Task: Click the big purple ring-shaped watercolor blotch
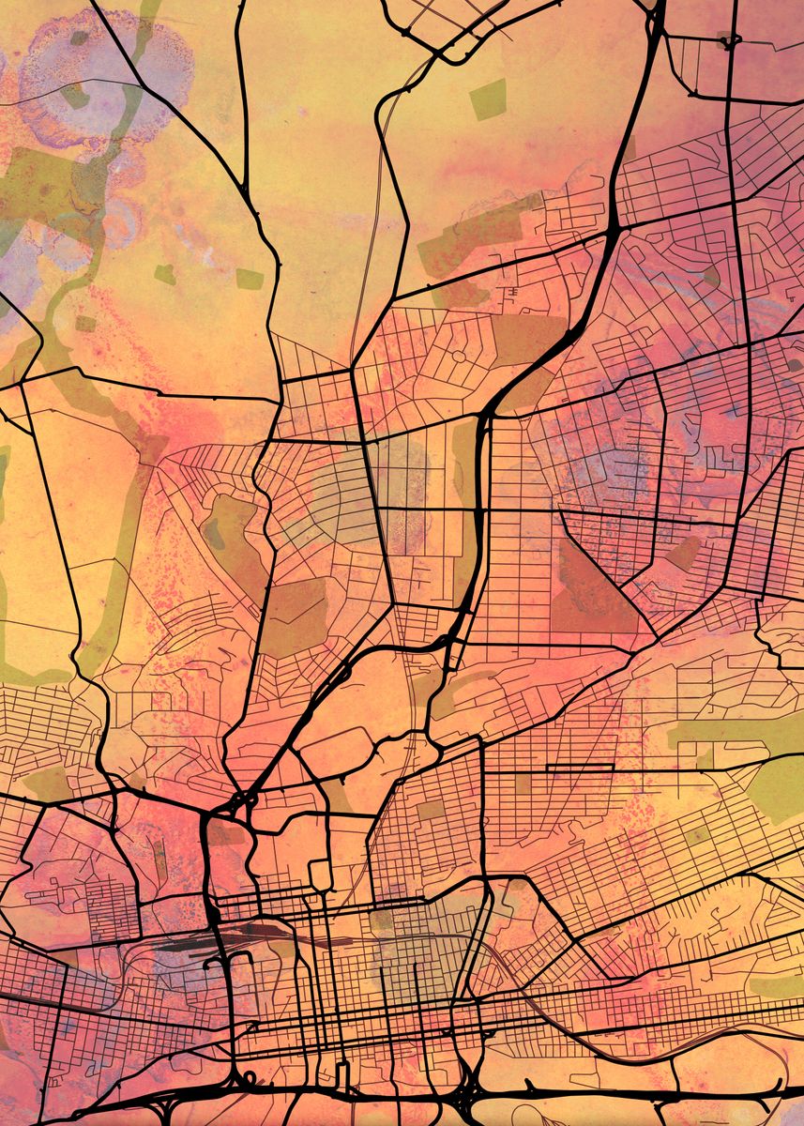[103, 75]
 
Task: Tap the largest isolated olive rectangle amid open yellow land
[488, 99]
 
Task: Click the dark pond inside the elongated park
[215, 533]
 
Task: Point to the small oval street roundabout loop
[460, 358]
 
